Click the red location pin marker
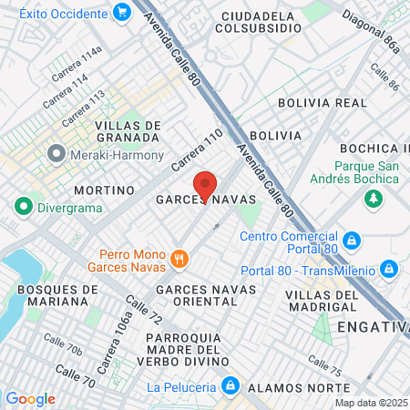[x=205, y=185]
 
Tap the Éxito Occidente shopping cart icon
[x=121, y=12]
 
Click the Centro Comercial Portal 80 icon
[x=353, y=241]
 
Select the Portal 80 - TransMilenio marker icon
[x=388, y=269]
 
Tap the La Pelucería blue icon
[x=231, y=386]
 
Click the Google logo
[x=31, y=398]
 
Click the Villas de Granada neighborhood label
[x=128, y=132]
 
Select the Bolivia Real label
[x=314, y=104]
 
